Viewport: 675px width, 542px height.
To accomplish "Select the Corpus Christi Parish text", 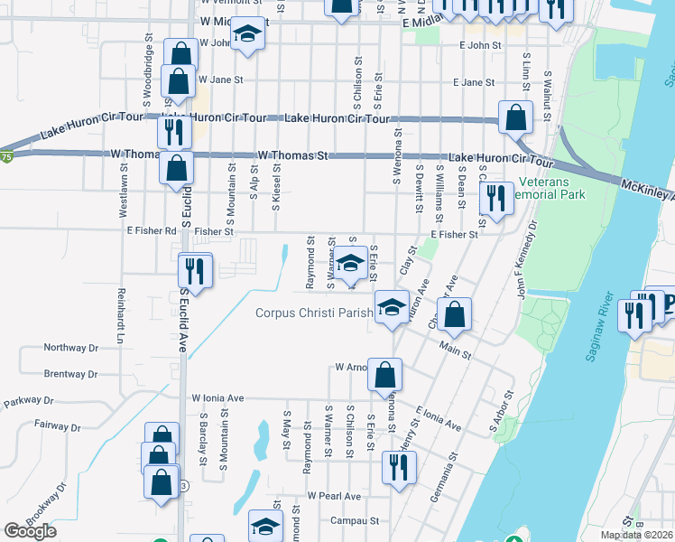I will coord(313,313).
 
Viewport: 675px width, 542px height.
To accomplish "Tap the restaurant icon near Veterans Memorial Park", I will coord(495,196).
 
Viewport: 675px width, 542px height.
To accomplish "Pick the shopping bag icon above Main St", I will coord(458,314).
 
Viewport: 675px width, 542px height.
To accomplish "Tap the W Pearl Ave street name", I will coord(333,496).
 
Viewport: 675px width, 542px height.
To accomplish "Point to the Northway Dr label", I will coord(70,348).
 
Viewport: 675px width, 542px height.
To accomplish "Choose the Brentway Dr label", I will coord(70,373).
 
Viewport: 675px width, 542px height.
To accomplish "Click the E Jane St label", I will coord(478,82).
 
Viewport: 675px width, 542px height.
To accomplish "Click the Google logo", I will coord(31,531).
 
